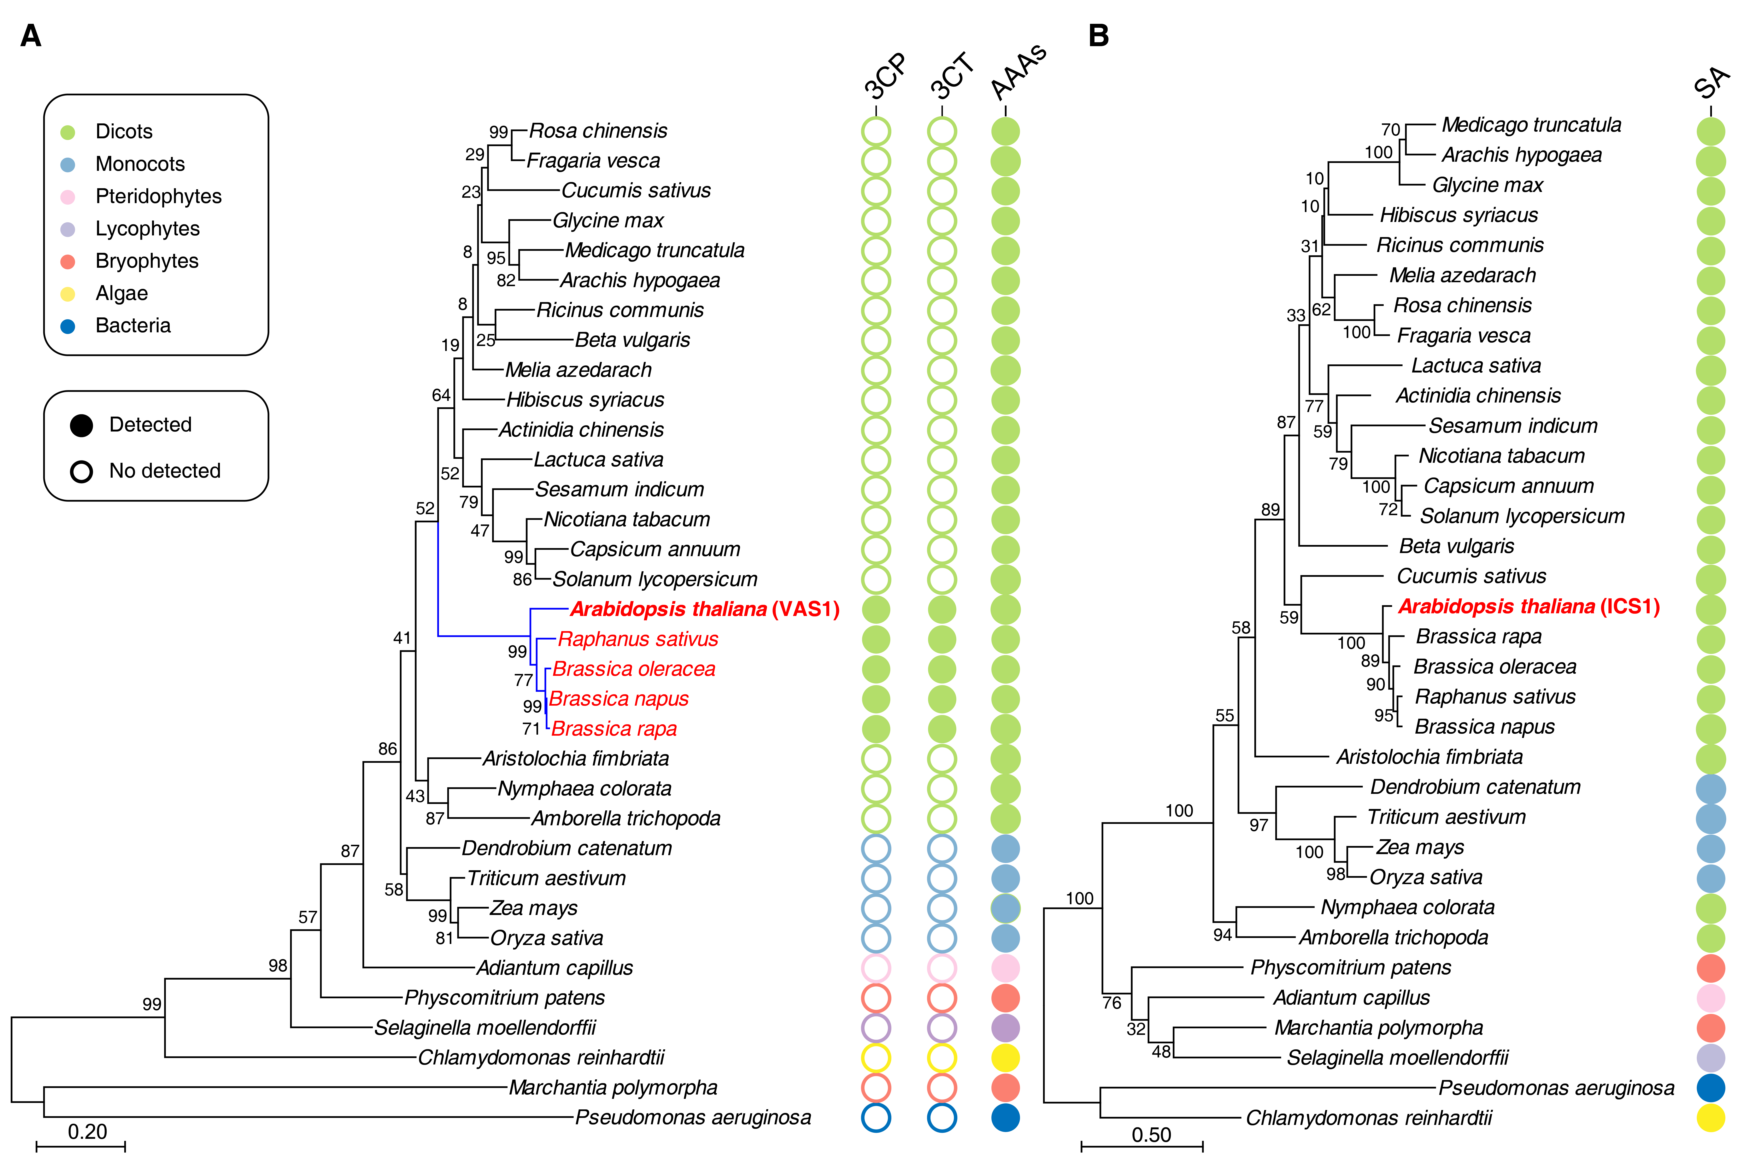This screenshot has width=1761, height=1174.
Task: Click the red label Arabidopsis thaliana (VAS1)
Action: (x=704, y=609)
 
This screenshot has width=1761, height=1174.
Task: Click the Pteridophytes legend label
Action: (x=158, y=196)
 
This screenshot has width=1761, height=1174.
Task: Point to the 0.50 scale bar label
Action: (x=1151, y=1135)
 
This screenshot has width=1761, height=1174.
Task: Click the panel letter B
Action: (x=1098, y=35)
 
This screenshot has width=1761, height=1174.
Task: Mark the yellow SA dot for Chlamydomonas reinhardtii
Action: (x=1711, y=1118)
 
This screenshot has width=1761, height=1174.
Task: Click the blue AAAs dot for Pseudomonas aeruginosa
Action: (x=1005, y=1118)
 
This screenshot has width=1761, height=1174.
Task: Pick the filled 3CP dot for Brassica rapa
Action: (x=876, y=728)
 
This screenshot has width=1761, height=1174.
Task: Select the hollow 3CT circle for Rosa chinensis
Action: (x=942, y=132)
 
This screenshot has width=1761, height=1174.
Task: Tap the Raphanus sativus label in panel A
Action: (x=638, y=639)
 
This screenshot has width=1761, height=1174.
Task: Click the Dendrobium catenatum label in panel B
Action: (x=1475, y=787)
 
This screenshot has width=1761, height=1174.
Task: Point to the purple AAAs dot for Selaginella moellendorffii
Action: (x=1005, y=1028)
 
